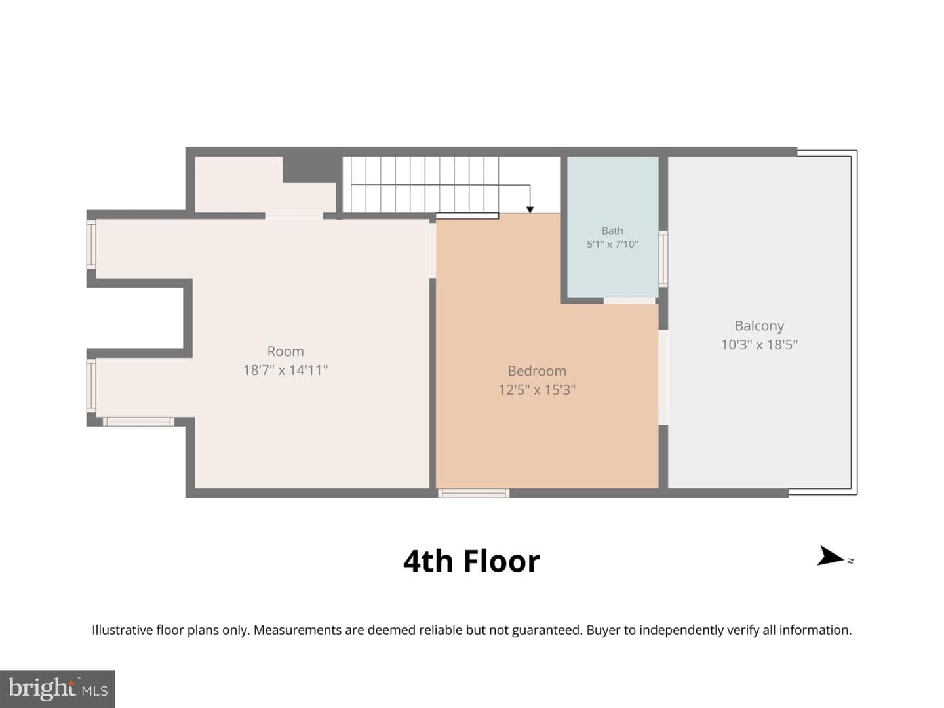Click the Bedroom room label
(x=537, y=371)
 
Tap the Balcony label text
(x=759, y=326)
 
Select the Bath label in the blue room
(x=612, y=231)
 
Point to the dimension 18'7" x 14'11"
(x=286, y=370)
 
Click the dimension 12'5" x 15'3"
(x=537, y=390)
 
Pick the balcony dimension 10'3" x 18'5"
(x=759, y=345)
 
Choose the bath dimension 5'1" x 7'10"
(x=612, y=244)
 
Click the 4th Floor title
(x=471, y=561)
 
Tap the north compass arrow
(x=830, y=557)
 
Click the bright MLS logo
(x=57, y=688)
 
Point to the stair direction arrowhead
(x=530, y=210)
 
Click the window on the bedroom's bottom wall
(x=473, y=493)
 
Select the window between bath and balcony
(x=663, y=259)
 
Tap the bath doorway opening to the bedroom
(x=629, y=300)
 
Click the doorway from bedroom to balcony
(x=663, y=378)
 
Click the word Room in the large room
(x=286, y=351)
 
